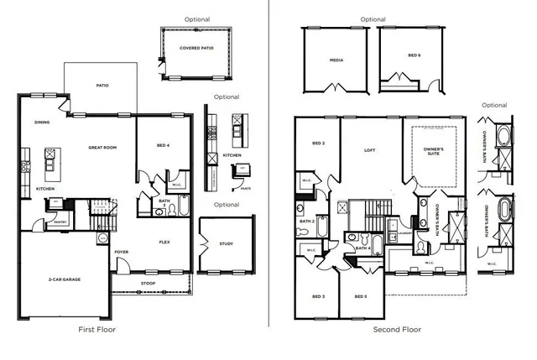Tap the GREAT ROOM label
(x=102, y=148)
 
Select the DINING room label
(x=42, y=123)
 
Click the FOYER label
(x=122, y=251)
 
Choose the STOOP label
(x=148, y=284)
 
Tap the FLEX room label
(x=165, y=243)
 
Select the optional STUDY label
(x=227, y=244)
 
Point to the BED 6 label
(x=414, y=55)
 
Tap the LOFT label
(x=369, y=151)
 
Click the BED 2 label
(x=318, y=143)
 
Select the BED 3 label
(x=318, y=297)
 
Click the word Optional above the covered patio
(x=197, y=18)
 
